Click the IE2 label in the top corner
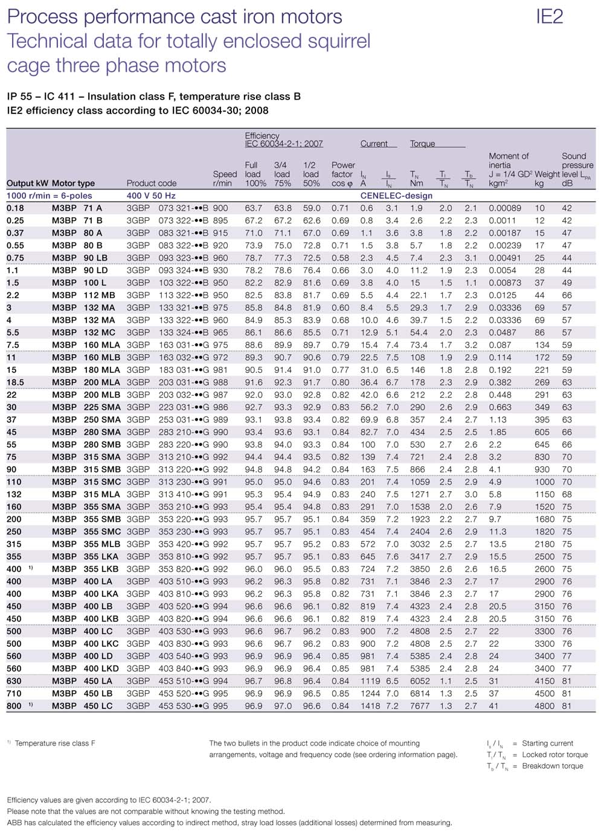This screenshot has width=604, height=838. pos(549,16)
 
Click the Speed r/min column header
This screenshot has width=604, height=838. pos(225,179)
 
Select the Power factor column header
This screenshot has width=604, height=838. pos(342,174)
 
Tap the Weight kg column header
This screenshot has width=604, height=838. pos(547,179)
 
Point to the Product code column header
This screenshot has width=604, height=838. pos(152,183)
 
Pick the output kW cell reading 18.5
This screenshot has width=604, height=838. pos(16,382)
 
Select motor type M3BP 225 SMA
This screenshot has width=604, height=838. pos(86,407)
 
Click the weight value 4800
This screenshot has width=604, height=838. pos(544,706)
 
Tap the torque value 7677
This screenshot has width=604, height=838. pos(420,706)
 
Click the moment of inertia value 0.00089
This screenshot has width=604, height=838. pos(505,208)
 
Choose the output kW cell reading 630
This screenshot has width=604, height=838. pos(14,681)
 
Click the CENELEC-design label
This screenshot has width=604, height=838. pos(396,195)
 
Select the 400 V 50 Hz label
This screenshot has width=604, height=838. pos(151,195)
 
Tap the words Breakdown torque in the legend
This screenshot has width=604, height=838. pos(553,766)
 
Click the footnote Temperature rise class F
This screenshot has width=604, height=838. pos(55,743)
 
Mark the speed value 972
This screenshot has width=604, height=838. pos(220,357)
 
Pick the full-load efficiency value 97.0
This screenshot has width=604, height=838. pos(282,706)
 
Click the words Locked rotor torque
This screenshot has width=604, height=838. pos(555,755)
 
